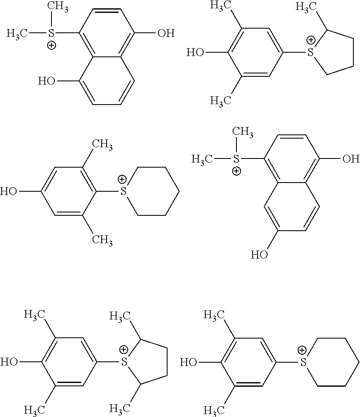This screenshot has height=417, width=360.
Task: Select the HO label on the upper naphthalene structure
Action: click(47, 80)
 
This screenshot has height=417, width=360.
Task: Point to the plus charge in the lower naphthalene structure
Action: click(236, 171)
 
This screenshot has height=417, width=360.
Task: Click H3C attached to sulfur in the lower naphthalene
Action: click(202, 159)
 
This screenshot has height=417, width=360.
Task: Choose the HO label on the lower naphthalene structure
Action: click(260, 254)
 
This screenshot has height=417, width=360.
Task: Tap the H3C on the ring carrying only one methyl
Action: click(306, 7)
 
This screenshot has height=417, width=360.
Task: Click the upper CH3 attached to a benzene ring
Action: click(102, 145)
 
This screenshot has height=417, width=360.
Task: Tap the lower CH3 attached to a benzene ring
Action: click(102, 239)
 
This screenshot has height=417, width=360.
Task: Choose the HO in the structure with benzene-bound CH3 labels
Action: click(9, 192)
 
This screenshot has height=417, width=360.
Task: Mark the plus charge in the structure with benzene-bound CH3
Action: click(122, 179)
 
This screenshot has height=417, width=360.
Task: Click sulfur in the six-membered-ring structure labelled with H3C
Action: click(304, 363)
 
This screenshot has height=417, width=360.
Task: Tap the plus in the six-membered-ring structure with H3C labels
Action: click(302, 351)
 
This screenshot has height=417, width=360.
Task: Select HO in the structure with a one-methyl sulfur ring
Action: click(195, 53)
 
